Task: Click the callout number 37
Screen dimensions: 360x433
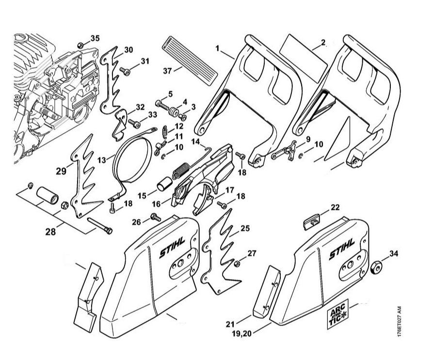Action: coord(167,71)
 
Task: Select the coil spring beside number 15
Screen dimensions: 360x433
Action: coord(180,171)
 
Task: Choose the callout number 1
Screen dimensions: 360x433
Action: coord(218,48)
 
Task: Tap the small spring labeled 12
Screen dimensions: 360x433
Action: coord(164,130)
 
